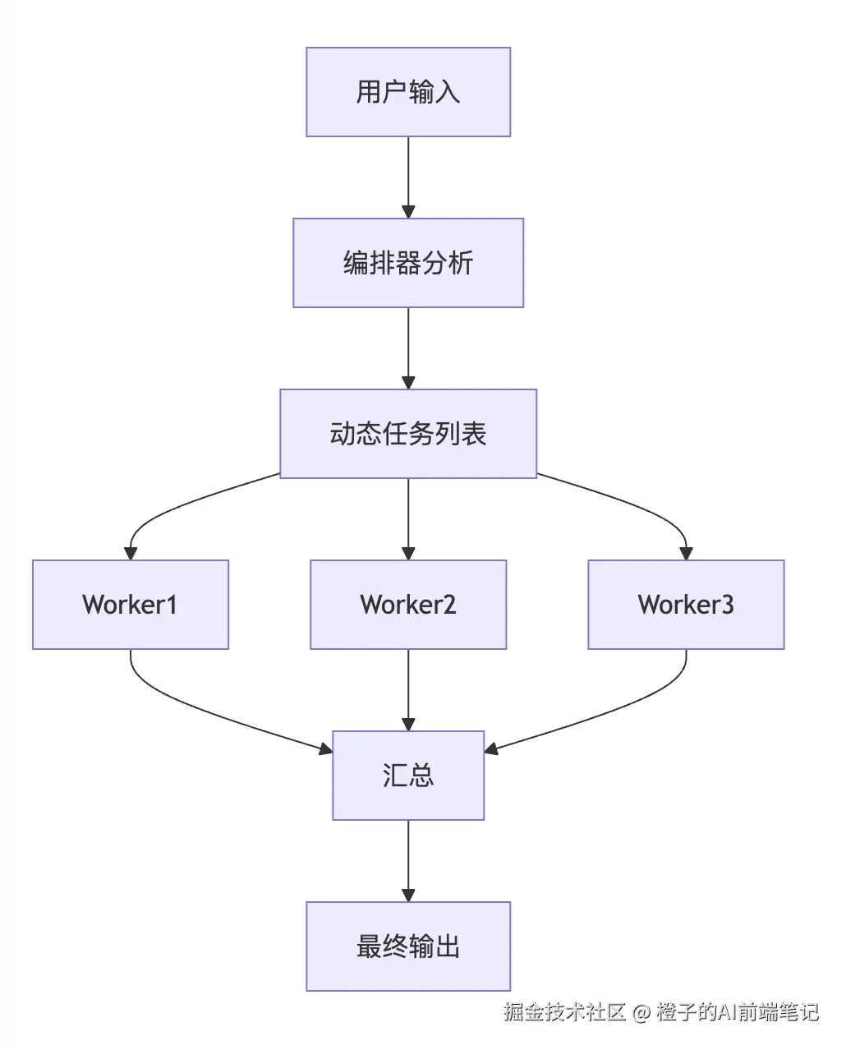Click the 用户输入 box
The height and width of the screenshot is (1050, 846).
point(408,92)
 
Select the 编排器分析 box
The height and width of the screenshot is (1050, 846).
point(408,263)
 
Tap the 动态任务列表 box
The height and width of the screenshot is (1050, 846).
point(408,434)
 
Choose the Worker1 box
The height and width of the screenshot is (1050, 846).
point(131,605)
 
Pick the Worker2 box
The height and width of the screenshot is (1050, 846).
point(408,605)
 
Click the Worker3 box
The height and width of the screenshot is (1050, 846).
point(686,605)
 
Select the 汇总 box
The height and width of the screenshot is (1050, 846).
point(408,776)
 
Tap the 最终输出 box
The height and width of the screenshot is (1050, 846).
point(408,946)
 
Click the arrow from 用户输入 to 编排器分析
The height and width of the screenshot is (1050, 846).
point(408,177)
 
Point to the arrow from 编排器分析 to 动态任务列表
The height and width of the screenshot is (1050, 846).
point(408,348)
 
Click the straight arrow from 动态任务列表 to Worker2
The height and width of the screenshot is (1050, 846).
point(408,518)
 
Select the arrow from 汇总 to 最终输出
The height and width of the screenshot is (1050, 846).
point(408,859)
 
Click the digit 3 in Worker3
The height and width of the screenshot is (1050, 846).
point(727,606)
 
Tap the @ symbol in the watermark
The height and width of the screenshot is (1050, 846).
point(641,1012)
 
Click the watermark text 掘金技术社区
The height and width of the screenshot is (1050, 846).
point(564,1012)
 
